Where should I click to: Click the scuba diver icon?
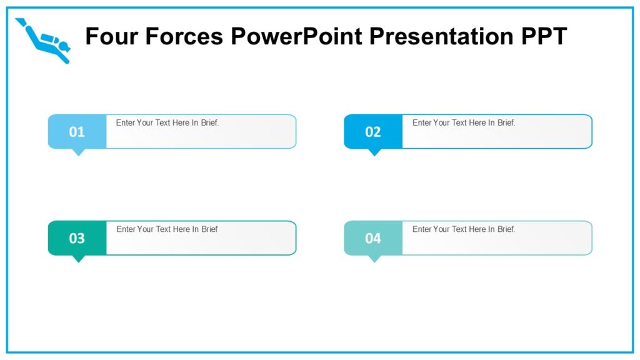point(44,41)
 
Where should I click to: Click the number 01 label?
point(77,132)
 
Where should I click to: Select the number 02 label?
point(373,132)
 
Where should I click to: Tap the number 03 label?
point(77,238)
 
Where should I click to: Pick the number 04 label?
point(373,238)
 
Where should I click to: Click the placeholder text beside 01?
point(167,123)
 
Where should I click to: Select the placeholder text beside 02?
point(464,123)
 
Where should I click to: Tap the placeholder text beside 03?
point(167,229)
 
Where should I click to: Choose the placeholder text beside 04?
point(464,229)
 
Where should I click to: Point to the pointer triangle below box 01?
point(78,152)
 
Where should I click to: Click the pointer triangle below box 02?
point(374,152)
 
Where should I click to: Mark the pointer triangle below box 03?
point(78,258)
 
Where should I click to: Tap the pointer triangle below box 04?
point(374,258)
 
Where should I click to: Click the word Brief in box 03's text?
point(209,229)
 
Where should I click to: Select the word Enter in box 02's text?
point(422,123)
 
